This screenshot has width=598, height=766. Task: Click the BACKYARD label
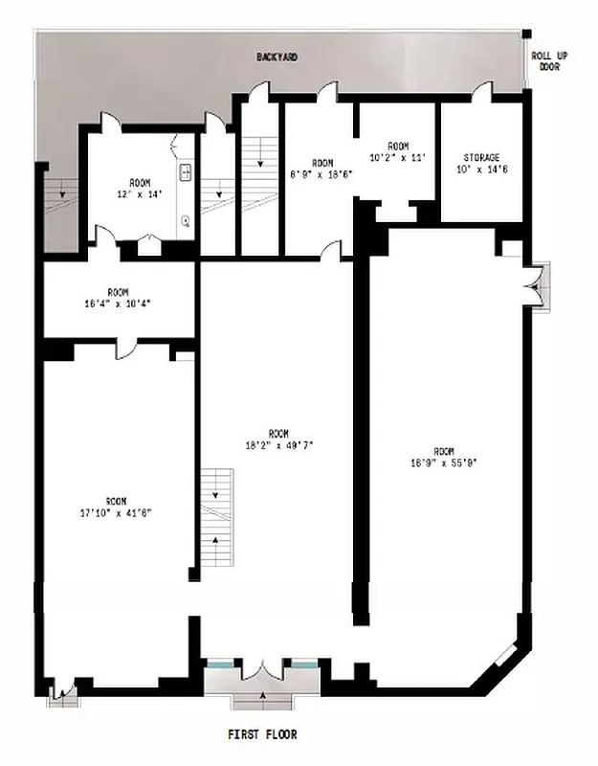click(277, 57)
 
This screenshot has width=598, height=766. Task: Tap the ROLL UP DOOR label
click(550, 61)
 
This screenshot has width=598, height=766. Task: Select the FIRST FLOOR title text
click(262, 734)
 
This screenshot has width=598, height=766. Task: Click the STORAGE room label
click(481, 157)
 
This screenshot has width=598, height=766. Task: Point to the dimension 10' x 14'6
click(481, 169)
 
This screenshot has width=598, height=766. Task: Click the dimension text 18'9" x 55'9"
click(443, 463)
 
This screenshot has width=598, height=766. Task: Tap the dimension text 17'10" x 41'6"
click(116, 512)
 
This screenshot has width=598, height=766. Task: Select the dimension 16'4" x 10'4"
click(118, 304)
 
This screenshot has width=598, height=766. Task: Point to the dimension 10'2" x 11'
click(397, 156)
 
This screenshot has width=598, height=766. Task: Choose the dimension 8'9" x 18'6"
click(322, 174)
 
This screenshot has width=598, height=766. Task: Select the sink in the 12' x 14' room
click(186, 173)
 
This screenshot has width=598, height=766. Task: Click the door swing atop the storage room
click(482, 92)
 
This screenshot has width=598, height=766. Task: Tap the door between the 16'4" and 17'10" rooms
click(127, 349)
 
